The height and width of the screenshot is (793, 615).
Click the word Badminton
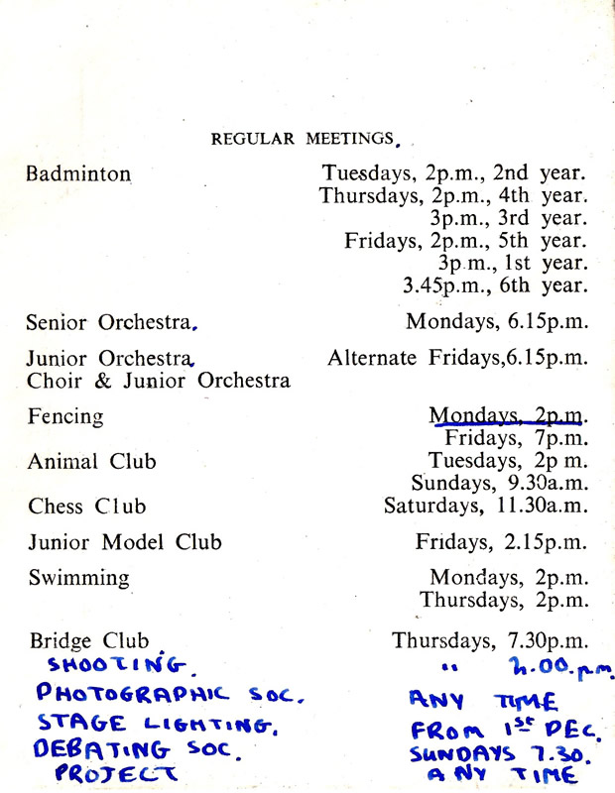(x=78, y=173)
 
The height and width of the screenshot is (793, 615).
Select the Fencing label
(x=65, y=416)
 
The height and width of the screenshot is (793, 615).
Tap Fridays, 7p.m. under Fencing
(x=516, y=438)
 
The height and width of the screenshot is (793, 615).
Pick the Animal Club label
(x=91, y=462)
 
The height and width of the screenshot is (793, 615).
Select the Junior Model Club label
(x=125, y=542)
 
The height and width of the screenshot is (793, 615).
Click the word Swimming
(x=78, y=578)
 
